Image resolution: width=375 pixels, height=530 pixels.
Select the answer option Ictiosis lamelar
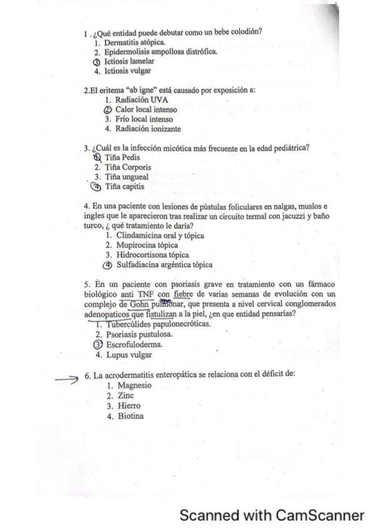click(128, 61)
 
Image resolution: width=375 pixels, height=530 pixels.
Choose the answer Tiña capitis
click(126, 187)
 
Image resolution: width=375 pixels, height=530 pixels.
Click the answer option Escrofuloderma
click(135, 344)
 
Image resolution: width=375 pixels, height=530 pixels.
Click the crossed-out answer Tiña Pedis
click(123, 157)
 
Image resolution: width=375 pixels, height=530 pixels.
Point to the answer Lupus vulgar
click(130, 355)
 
